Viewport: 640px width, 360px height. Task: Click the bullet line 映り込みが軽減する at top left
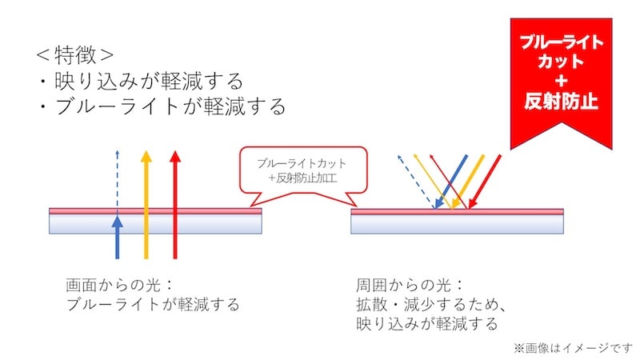click(x=139, y=81)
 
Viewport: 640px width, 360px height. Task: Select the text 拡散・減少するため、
click(x=433, y=305)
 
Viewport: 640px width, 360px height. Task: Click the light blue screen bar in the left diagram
click(x=156, y=226)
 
